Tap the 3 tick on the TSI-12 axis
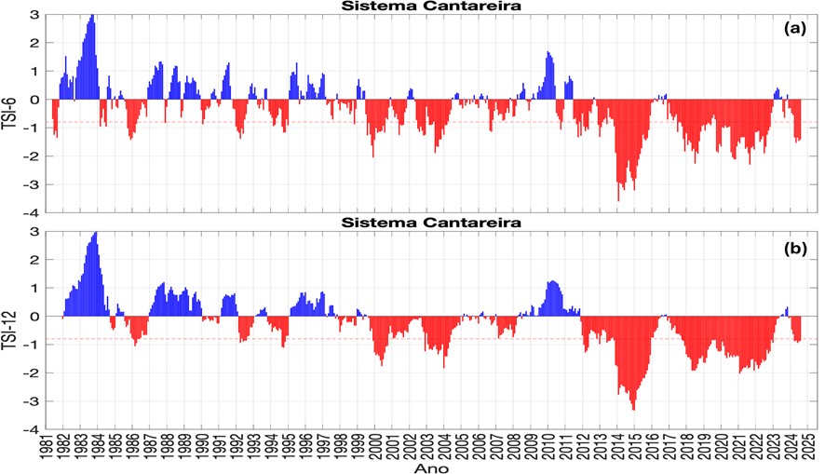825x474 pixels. [34, 232]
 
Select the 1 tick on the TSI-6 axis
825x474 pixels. [34, 72]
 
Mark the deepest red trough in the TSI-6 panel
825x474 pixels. [618, 198]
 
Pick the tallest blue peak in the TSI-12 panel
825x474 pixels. [95, 234]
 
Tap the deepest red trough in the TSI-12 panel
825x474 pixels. [634, 408]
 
